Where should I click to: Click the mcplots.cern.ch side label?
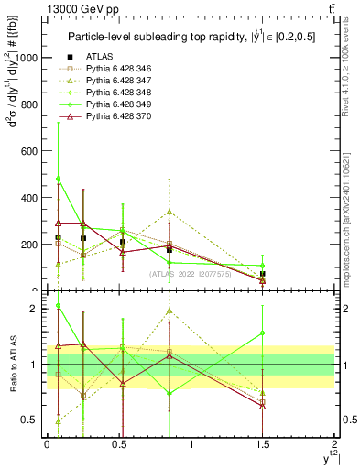point(352,220)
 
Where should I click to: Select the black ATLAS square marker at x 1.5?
point(263,274)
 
